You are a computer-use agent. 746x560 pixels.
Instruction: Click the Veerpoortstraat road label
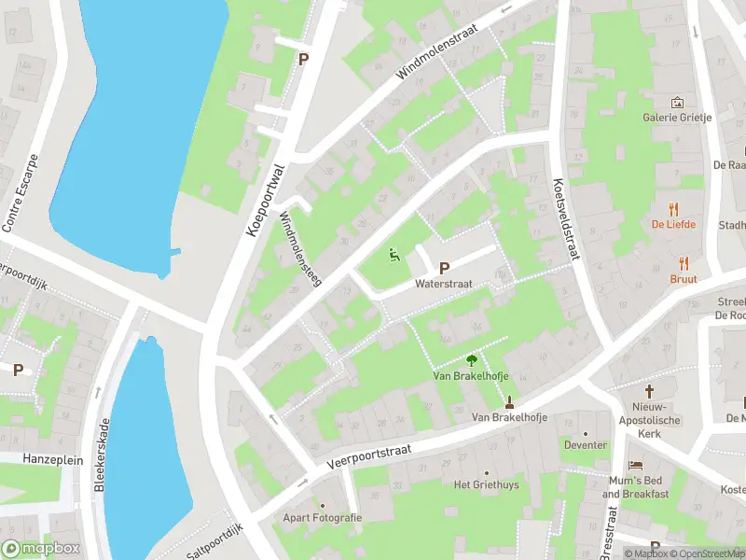pos(370,455)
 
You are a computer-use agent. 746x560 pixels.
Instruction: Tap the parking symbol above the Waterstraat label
pos(444,267)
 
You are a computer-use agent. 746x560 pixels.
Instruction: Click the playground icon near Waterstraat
pos(394,253)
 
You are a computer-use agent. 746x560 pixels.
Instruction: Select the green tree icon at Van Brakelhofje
pos(471,359)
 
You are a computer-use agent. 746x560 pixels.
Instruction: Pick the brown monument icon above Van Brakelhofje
pos(509,403)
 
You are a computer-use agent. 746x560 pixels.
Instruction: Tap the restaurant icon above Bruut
pos(684,263)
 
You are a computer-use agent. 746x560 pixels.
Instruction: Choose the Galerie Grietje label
pos(677,118)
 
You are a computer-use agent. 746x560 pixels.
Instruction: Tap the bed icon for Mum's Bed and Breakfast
pos(636,464)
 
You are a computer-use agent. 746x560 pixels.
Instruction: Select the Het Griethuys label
pos(485,484)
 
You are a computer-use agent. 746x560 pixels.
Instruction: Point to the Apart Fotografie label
pos(322,517)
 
